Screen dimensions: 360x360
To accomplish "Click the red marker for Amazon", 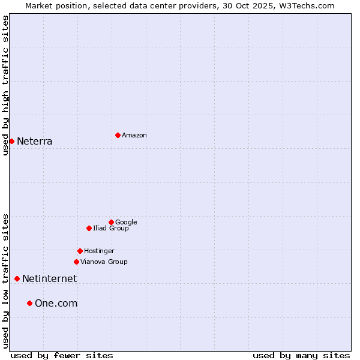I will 118,135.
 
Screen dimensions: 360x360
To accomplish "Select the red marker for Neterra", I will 11,141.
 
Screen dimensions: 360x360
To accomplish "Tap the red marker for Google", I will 111,222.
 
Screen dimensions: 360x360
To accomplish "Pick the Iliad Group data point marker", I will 89,228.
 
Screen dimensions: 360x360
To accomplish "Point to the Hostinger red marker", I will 80,251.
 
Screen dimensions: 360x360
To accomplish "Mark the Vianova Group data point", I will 76,262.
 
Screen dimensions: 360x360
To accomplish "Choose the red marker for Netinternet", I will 17,278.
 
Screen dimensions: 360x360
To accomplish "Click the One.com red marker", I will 29,303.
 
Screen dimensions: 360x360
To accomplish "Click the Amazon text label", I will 134,136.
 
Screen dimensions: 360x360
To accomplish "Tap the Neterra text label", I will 35,142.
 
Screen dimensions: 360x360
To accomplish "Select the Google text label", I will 126,223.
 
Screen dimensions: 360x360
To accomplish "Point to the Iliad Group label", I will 111,229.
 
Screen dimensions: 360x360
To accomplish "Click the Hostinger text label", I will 99,251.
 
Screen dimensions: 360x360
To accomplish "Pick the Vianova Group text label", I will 104,262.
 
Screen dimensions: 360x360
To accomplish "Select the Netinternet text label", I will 49,279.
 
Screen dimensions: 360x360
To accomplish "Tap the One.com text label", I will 56,304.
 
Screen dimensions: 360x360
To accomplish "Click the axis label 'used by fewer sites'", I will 62,355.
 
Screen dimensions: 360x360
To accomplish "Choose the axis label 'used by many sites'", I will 301,355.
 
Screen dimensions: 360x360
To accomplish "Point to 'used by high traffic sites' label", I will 5,85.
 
